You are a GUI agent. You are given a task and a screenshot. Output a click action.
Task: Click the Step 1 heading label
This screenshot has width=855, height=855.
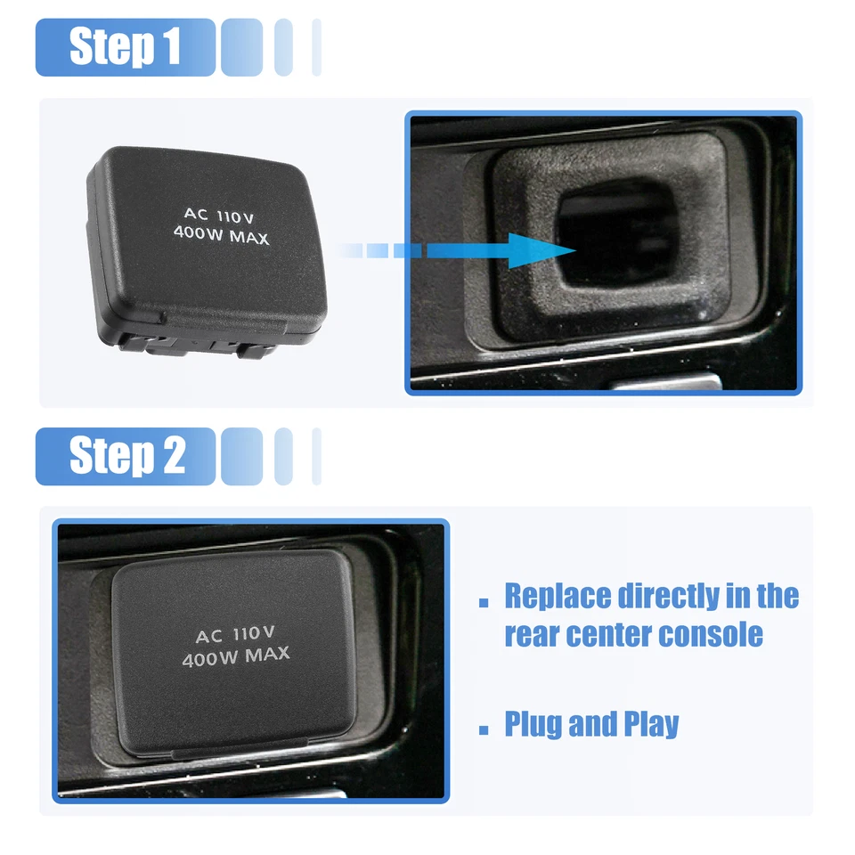[x=126, y=47]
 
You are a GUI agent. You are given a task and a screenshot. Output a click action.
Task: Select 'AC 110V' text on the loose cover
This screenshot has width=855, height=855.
[x=219, y=215]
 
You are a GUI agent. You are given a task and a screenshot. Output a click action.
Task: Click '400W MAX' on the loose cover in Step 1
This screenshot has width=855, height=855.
[x=220, y=237]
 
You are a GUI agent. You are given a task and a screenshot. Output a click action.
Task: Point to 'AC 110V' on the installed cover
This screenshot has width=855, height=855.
[x=234, y=635]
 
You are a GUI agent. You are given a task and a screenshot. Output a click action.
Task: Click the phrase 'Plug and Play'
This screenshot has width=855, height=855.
[x=591, y=724]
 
